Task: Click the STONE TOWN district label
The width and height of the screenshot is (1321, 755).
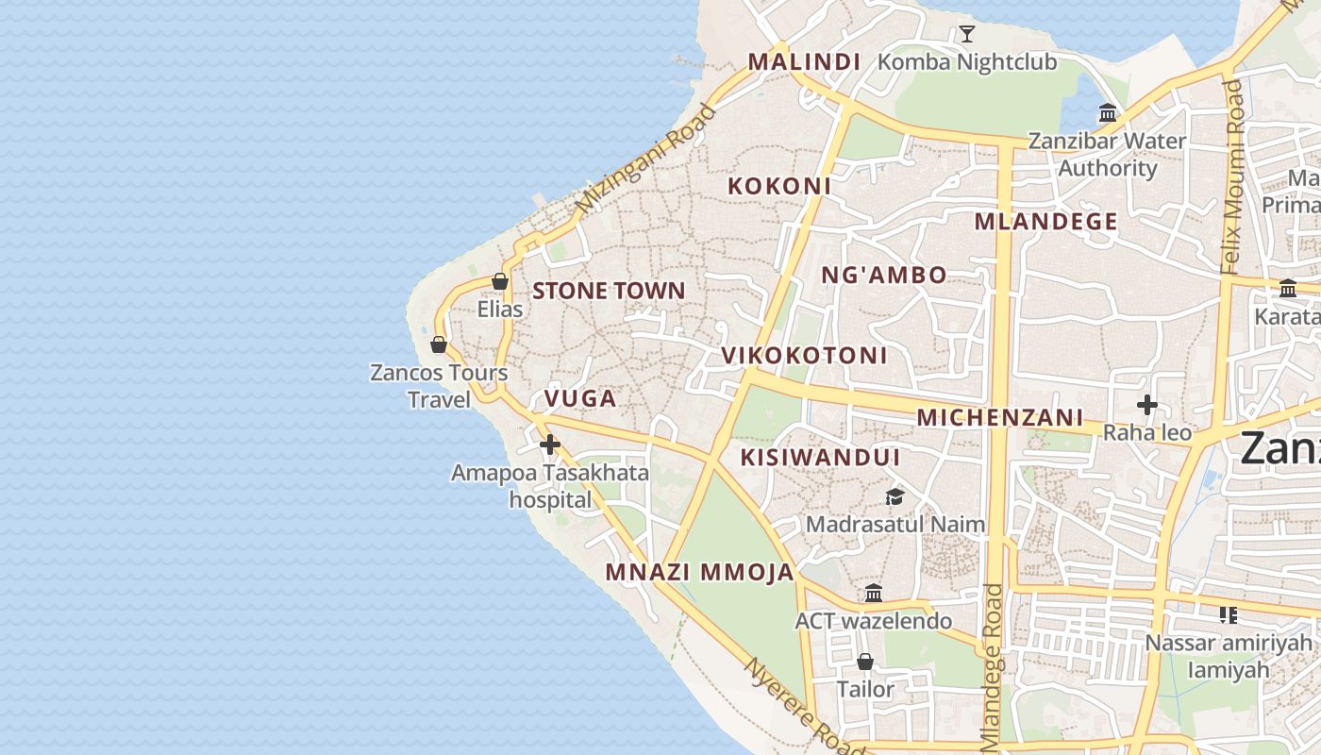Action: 609,291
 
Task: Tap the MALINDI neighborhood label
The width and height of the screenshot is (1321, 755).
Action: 804,62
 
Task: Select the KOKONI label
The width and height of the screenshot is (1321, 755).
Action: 779,186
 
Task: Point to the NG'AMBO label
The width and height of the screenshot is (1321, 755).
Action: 883,276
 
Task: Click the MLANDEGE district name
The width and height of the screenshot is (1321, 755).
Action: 1045,222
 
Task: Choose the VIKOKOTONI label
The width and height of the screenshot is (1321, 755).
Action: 804,356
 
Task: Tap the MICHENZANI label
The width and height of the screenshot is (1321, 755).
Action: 999,417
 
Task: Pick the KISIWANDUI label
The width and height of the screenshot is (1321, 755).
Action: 820,458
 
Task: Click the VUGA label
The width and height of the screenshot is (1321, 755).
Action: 580,399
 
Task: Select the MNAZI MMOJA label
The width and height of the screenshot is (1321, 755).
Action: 699,573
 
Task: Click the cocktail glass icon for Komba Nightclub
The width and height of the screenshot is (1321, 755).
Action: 966,35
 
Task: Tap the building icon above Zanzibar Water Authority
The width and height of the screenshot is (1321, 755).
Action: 1108,114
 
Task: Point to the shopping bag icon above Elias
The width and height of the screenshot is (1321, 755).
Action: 500,281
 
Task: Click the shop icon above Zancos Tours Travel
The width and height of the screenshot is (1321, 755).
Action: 438,344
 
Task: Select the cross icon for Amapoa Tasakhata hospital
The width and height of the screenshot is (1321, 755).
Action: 550,445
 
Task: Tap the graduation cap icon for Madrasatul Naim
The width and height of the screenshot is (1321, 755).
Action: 894,496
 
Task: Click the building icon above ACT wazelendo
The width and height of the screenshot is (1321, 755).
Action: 874,594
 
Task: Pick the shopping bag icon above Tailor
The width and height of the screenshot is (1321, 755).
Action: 864,662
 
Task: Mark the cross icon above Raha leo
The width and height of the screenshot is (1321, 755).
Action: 1147,406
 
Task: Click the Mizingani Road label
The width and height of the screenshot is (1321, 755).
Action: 645,159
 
